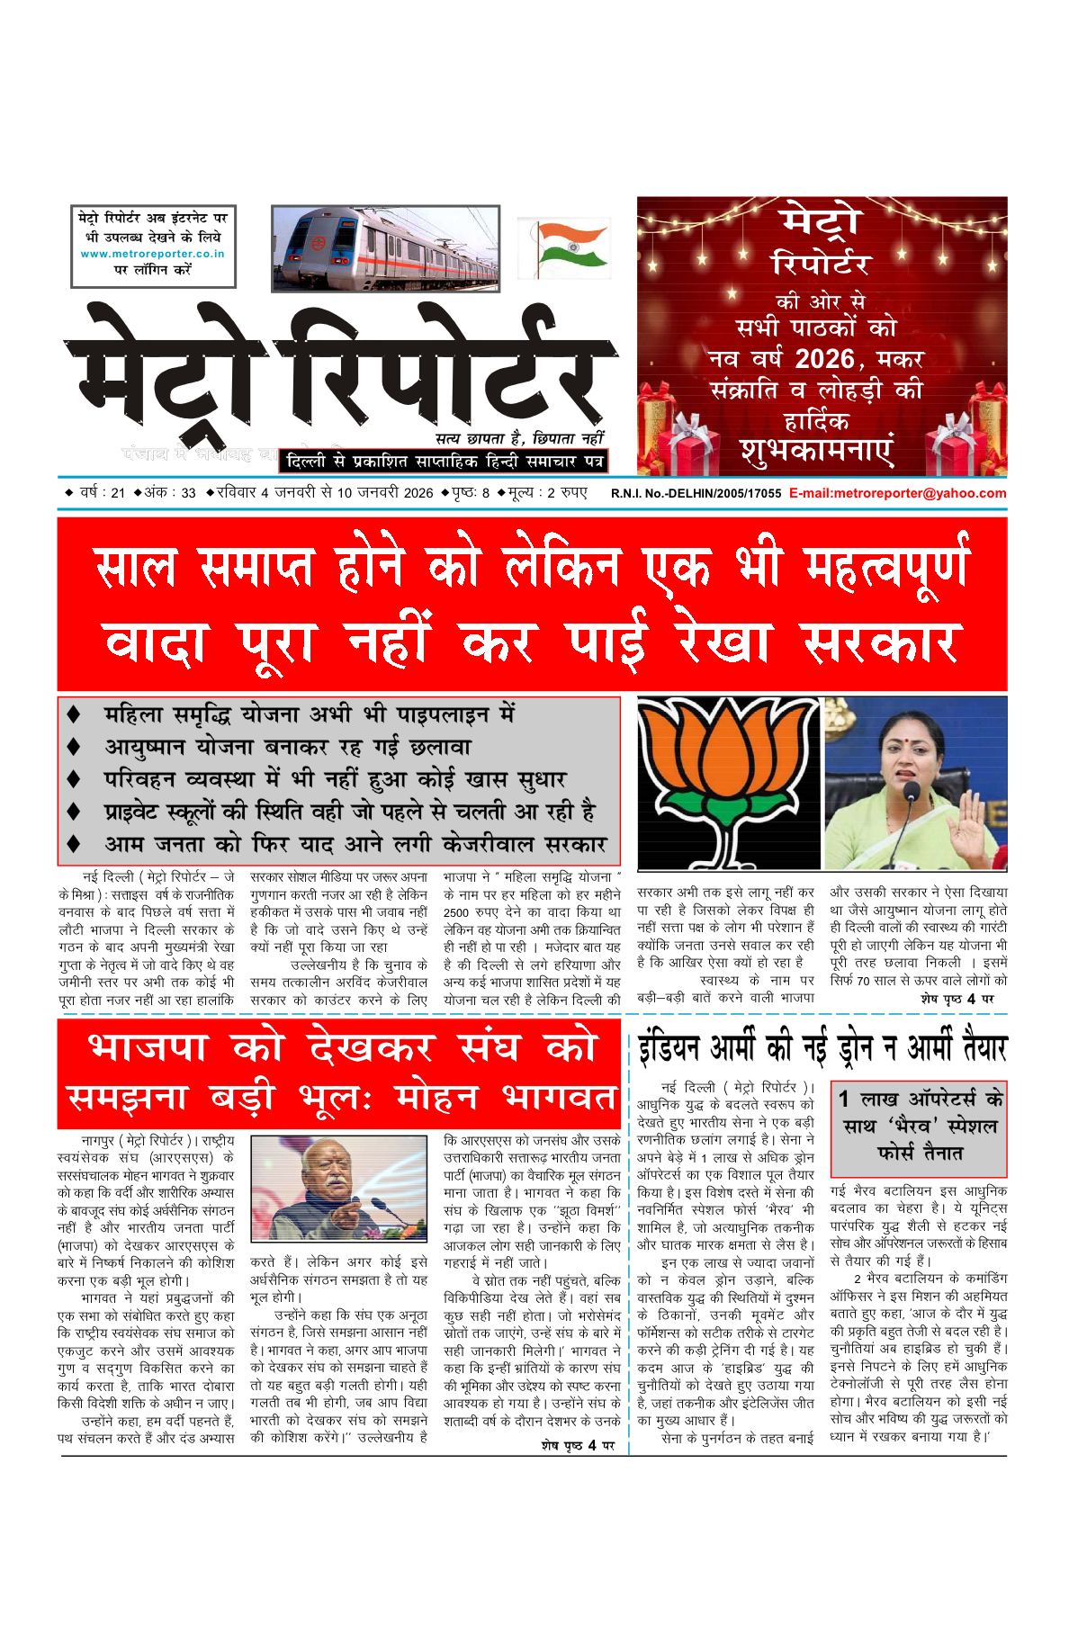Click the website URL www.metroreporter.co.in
(x=153, y=254)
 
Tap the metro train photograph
(x=385, y=248)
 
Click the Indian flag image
(x=564, y=247)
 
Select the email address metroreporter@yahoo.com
(x=897, y=493)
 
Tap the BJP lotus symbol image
(x=728, y=782)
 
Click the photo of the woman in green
(x=916, y=782)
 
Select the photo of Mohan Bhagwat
(x=338, y=1188)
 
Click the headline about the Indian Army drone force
(x=822, y=1048)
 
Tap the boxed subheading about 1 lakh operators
(x=918, y=1126)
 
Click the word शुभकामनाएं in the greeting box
(x=817, y=450)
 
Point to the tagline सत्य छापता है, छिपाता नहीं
(x=519, y=438)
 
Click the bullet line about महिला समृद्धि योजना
(x=309, y=714)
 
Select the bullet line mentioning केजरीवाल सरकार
(x=355, y=845)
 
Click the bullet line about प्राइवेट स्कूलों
(x=349, y=812)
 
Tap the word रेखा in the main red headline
(x=723, y=642)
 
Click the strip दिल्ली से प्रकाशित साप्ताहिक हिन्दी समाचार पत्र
(x=444, y=462)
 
